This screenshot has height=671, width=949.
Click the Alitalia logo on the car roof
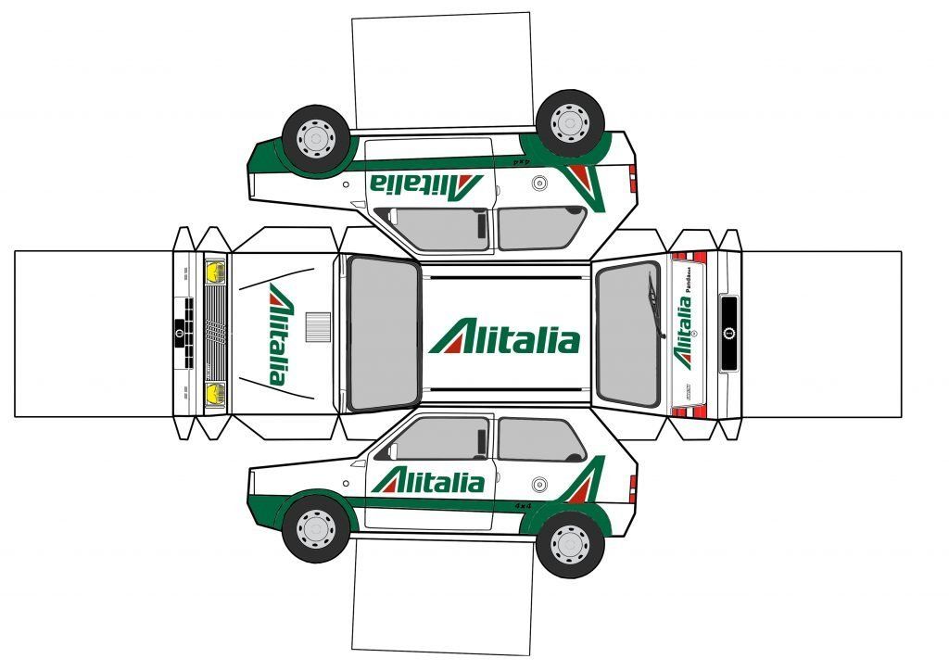coord(505,338)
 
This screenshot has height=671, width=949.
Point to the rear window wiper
coord(653,306)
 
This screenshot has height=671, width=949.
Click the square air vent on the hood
coord(318,325)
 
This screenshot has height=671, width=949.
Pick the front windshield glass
coord(384,333)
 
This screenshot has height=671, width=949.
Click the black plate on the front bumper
coord(179,333)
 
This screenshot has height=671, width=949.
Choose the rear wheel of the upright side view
coord(569,541)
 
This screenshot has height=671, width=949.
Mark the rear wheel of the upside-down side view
coord(569,122)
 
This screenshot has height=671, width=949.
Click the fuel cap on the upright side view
coord(539,483)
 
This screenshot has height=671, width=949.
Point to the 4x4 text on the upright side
coord(524,506)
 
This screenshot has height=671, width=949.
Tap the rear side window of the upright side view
coord(540,439)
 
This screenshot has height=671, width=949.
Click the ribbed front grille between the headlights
coord(215,333)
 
